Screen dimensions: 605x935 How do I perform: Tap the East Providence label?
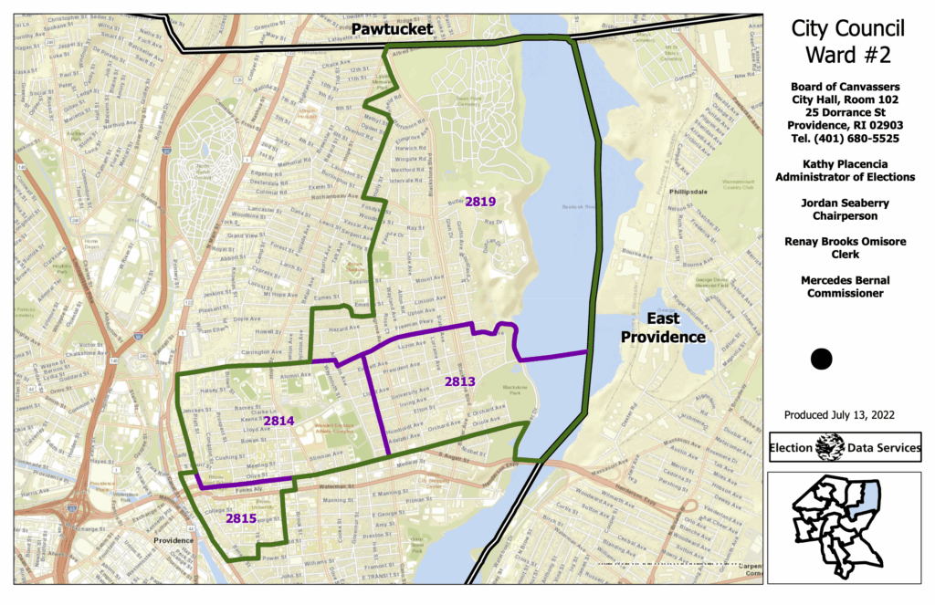(x=664, y=328)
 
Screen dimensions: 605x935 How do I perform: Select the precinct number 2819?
(x=479, y=201)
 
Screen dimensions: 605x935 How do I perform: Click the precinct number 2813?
(x=461, y=381)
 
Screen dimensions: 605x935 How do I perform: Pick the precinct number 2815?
(x=241, y=518)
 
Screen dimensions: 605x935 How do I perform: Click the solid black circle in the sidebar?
(x=821, y=359)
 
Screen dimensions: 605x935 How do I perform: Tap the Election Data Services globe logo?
(x=830, y=447)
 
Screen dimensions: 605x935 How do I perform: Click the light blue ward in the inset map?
(x=868, y=495)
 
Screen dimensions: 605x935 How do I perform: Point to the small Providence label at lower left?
(x=173, y=540)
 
